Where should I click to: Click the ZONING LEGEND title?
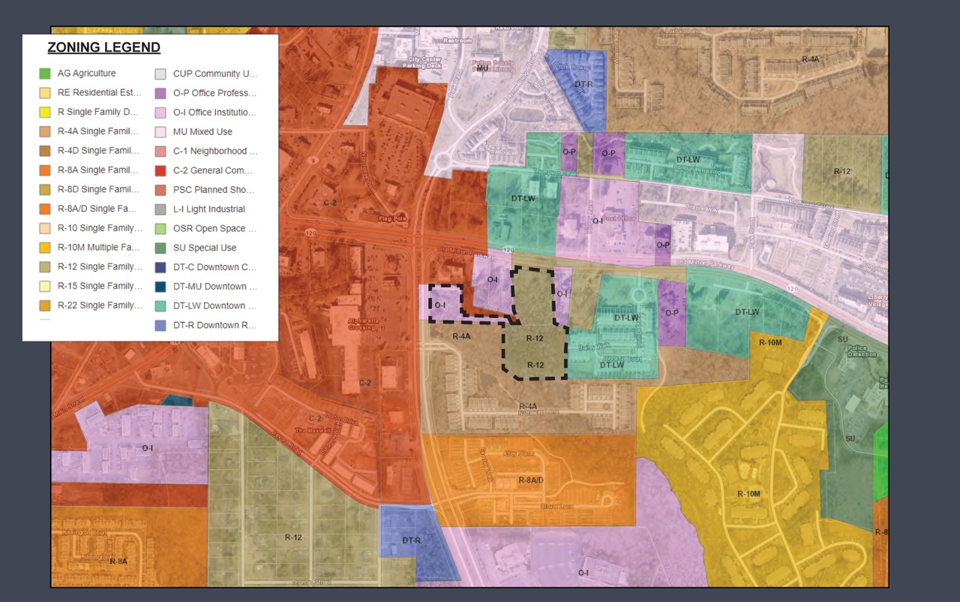tap(103, 48)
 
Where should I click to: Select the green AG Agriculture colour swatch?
tap(45, 74)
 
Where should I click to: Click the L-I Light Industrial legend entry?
tap(208, 209)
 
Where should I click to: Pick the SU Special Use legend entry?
tap(204, 248)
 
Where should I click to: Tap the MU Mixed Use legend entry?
tap(202, 132)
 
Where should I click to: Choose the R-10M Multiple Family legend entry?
tap(98, 248)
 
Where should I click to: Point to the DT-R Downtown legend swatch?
tap(160, 325)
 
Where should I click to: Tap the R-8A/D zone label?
tap(530, 479)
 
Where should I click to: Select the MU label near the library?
tap(482, 68)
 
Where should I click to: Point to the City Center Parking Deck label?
tap(424, 62)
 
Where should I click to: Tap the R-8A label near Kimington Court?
tap(118, 561)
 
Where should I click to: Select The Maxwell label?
tap(312, 430)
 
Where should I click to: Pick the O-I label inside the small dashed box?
tap(439, 306)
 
